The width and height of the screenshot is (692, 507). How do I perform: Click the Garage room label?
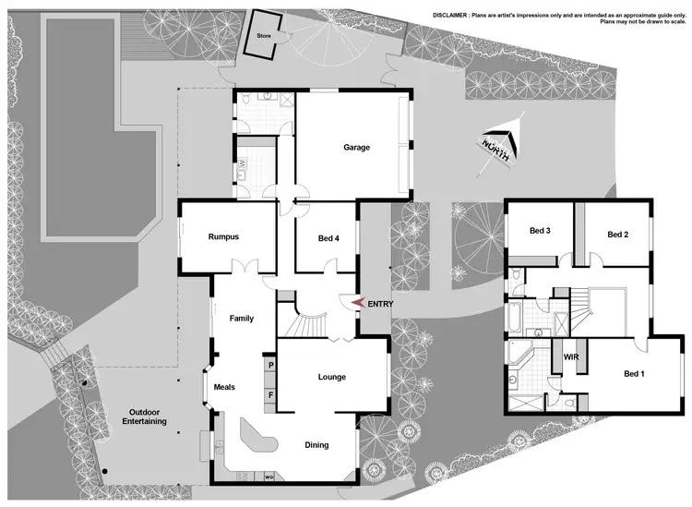pos(356,147)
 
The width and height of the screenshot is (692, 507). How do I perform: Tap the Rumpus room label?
pos(223,237)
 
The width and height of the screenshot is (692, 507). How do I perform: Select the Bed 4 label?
pos(328,239)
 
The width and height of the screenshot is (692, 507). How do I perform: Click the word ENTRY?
pos(382,303)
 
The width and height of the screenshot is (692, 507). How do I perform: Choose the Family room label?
pos(241,319)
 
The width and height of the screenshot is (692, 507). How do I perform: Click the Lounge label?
pos(331,377)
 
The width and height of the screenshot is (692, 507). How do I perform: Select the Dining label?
pos(316,445)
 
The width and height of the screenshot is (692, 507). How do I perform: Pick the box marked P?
pos(271,366)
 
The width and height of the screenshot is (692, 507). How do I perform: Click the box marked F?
pos(271,395)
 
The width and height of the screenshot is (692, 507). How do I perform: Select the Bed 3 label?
pos(540,231)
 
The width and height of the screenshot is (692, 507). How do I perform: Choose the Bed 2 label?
pos(617,235)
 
